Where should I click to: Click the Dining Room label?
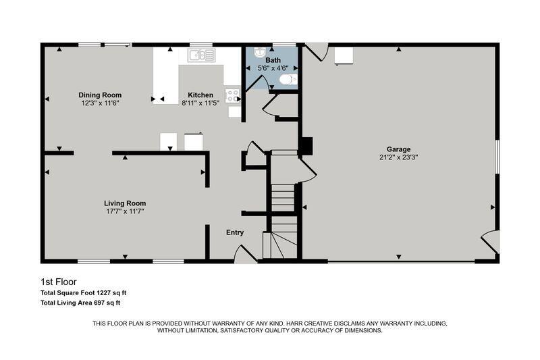(x=100, y=95)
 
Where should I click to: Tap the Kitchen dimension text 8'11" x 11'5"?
(x=200, y=103)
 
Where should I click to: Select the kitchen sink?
(x=201, y=55)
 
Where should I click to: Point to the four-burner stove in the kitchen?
(x=233, y=96)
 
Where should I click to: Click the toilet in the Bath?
(x=288, y=80)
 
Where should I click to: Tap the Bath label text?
(x=273, y=60)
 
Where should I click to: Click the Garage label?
(x=398, y=149)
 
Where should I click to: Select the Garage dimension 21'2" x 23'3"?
(x=398, y=157)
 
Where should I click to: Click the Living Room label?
(x=125, y=203)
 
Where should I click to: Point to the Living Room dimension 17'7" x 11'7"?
(x=125, y=211)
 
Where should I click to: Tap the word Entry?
(x=235, y=232)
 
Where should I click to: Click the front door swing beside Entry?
(x=244, y=253)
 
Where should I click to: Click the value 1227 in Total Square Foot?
(x=104, y=293)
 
